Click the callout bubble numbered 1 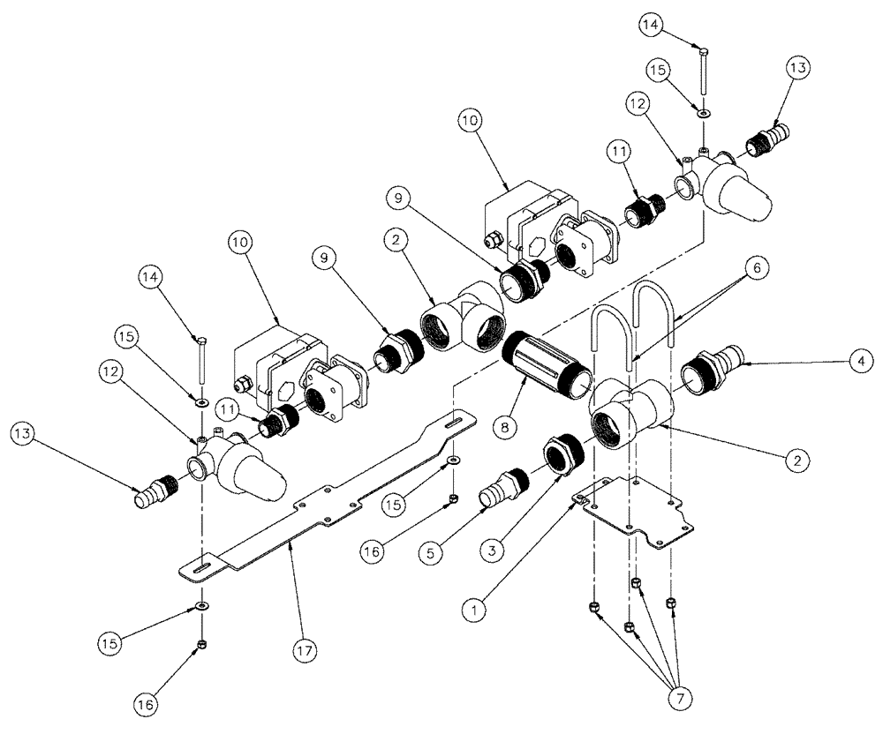click(477, 608)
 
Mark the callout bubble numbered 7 click(680, 698)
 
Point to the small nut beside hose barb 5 click(452, 499)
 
